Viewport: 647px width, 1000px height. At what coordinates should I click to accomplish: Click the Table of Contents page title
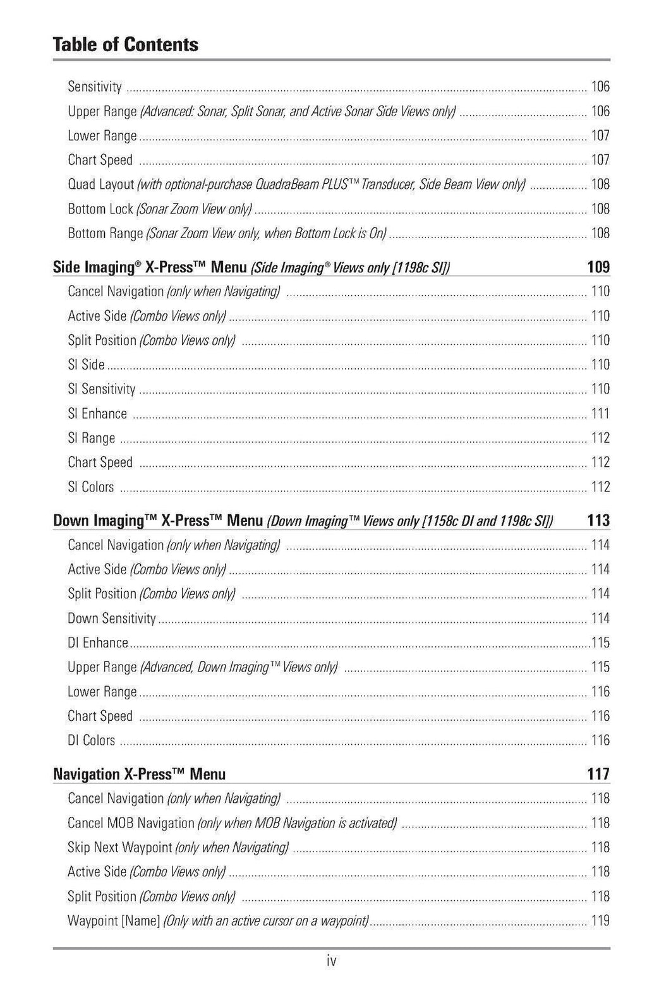125,45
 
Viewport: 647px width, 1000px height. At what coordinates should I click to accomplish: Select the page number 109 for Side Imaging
598,267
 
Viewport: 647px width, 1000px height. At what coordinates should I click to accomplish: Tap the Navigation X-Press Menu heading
139,774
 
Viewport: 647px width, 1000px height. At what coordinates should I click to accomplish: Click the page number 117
598,774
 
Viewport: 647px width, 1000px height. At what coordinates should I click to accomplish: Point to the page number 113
598,521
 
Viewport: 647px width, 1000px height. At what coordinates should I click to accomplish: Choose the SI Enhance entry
97,414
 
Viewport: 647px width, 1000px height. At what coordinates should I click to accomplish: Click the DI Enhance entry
98,642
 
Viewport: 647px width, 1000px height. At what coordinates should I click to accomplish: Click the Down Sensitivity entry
112,618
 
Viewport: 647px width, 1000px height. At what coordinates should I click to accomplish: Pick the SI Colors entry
91,487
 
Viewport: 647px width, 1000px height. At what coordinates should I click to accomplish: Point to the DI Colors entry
92,740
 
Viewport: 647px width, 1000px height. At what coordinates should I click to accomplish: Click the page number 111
600,414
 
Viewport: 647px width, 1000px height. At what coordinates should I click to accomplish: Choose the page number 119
600,920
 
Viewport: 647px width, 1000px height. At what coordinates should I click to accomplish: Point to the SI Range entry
92,438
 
